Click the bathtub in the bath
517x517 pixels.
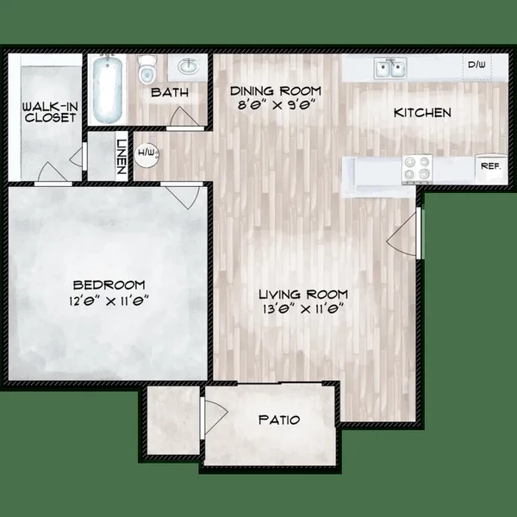point(109,90)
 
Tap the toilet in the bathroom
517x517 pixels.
point(148,70)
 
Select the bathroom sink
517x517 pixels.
point(189,66)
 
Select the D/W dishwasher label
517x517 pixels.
point(476,65)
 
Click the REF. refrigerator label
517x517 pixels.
point(490,165)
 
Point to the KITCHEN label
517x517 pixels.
point(422,113)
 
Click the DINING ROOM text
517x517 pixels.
point(275,90)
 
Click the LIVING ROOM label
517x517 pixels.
point(297,295)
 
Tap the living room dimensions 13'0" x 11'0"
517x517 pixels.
point(297,311)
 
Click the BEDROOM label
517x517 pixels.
point(109,285)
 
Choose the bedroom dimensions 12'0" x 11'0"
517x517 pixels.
point(109,302)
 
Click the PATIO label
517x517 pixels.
point(279,420)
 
